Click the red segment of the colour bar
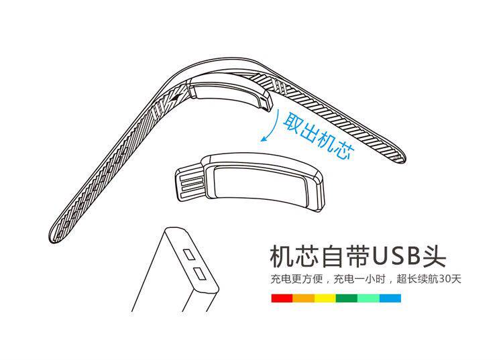tap(282, 296)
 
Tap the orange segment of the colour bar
tap(304, 296)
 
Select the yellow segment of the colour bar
tap(325, 296)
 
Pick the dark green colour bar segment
tap(347, 296)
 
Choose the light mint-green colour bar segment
tap(368, 296)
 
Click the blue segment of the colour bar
tap(390, 296)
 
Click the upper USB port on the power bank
tap(190, 255)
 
